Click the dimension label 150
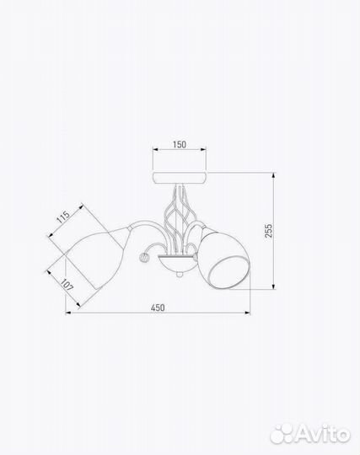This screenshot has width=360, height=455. pyautogui.click(x=180, y=144)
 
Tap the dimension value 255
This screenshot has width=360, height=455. pyautogui.click(x=269, y=231)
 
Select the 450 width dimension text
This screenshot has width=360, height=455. pyautogui.click(x=158, y=308)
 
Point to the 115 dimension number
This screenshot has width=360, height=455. pyautogui.click(x=63, y=217)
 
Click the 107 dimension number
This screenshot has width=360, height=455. pyautogui.click(x=67, y=285)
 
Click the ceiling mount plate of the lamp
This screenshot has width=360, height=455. pyautogui.click(x=180, y=178)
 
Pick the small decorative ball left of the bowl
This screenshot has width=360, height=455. pyautogui.click(x=144, y=257)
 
